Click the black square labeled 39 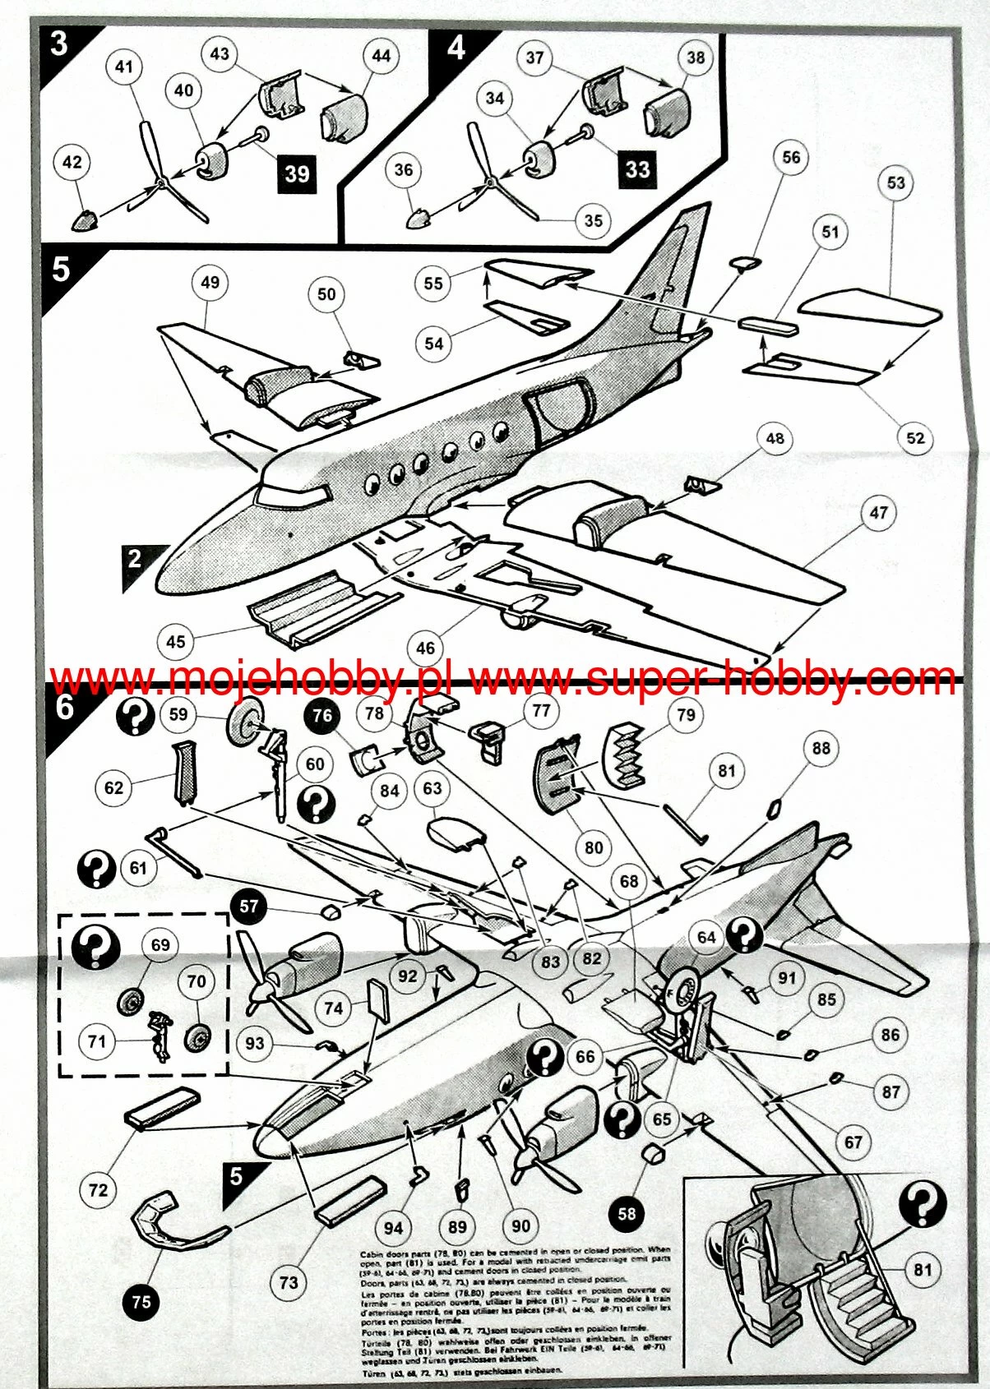pyautogui.click(x=297, y=173)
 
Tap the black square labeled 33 pyautogui.click(x=637, y=169)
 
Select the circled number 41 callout pyautogui.click(x=123, y=66)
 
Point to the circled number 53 pyautogui.click(x=895, y=182)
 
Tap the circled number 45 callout pyautogui.click(x=176, y=641)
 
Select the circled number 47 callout pyautogui.click(x=878, y=513)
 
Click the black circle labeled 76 pyautogui.click(x=322, y=715)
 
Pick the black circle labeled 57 pyautogui.click(x=249, y=907)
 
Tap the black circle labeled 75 pyautogui.click(x=141, y=1301)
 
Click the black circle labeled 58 pyautogui.click(x=627, y=1213)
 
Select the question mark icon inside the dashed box pyautogui.click(x=95, y=947)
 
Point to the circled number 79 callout pyautogui.click(x=686, y=715)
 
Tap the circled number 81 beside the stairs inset pyautogui.click(x=923, y=1270)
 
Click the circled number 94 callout pyautogui.click(x=393, y=1227)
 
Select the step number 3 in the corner pyautogui.click(x=58, y=43)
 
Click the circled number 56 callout pyautogui.click(x=790, y=157)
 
